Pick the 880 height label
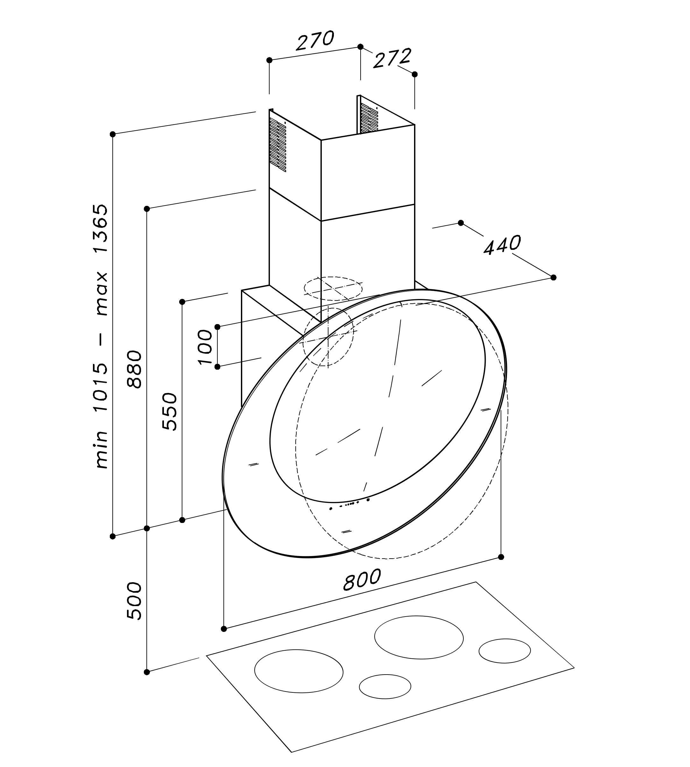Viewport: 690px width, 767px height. [x=135, y=369]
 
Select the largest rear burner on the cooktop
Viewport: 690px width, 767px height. [x=419, y=637]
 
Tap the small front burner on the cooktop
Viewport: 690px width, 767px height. [x=385, y=686]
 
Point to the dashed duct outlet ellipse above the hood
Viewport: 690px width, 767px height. [x=333, y=288]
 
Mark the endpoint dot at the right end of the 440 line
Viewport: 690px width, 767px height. [x=553, y=278]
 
